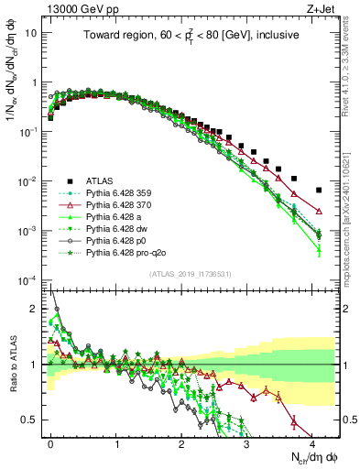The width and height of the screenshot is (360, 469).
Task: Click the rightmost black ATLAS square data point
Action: (x=319, y=191)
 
